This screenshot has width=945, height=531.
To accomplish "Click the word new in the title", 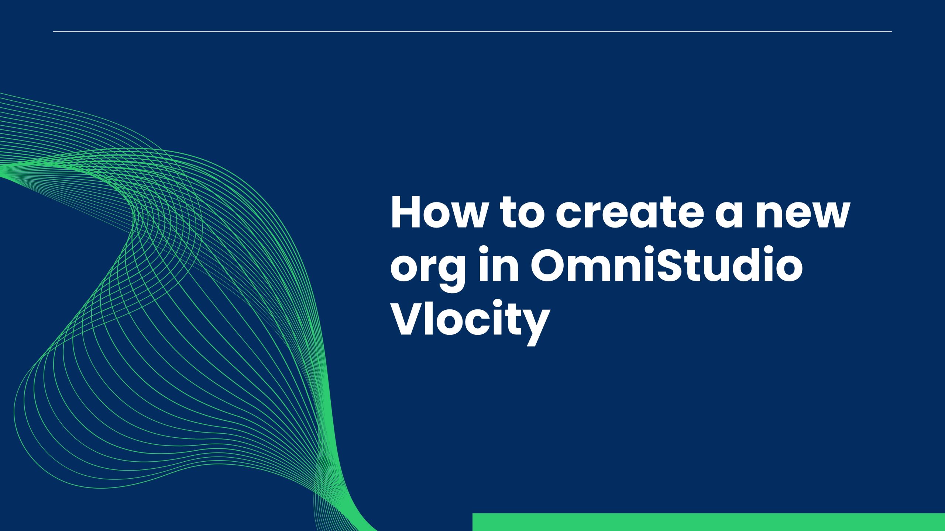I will point(803,214).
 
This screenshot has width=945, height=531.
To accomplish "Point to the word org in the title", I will point(428,269).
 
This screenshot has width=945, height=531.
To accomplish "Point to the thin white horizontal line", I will point(472,32).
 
